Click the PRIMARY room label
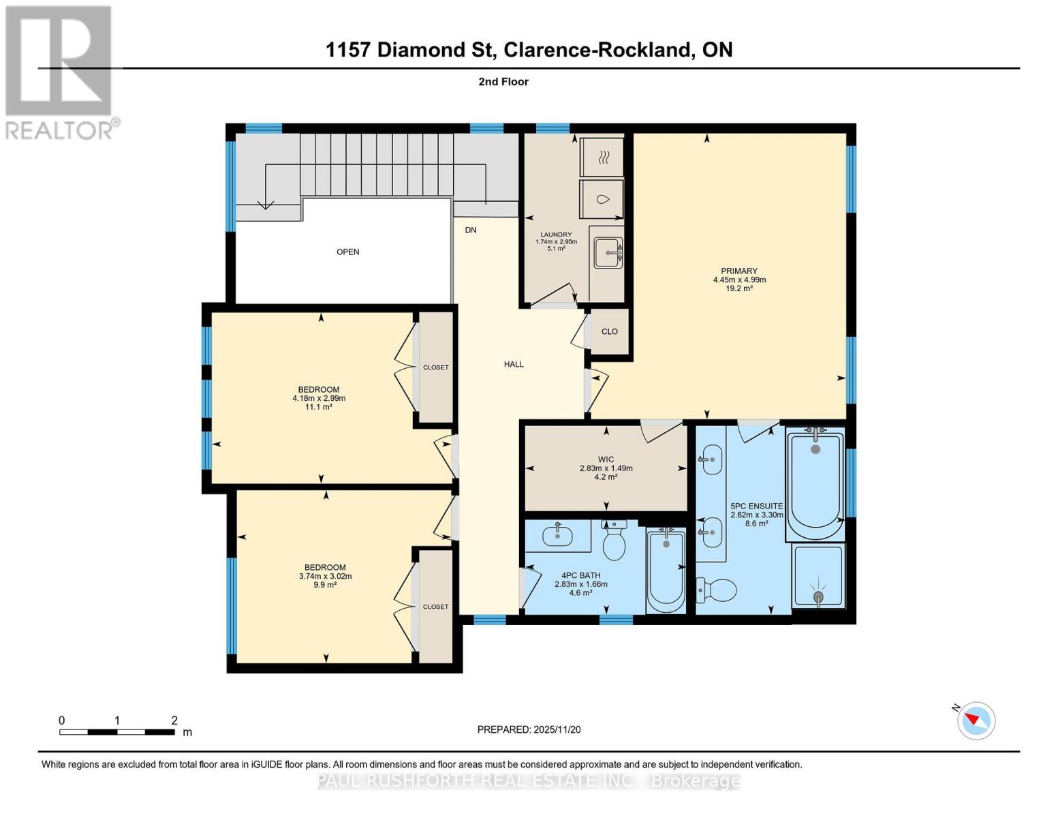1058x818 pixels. click(739, 271)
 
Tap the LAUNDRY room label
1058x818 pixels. click(556, 234)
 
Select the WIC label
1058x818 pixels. click(606, 459)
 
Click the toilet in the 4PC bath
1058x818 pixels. click(614, 541)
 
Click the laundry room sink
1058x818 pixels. click(607, 252)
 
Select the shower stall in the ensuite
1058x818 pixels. click(818, 577)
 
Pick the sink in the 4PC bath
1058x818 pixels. click(558, 535)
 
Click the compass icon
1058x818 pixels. click(976, 720)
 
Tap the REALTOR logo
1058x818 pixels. click(60, 72)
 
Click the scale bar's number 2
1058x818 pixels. click(174, 721)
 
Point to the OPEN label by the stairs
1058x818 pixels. click(347, 252)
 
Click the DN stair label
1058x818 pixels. click(471, 230)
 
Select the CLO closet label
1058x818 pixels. click(609, 331)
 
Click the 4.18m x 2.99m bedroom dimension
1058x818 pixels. click(319, 398)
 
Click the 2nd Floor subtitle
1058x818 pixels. click(503, 82)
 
